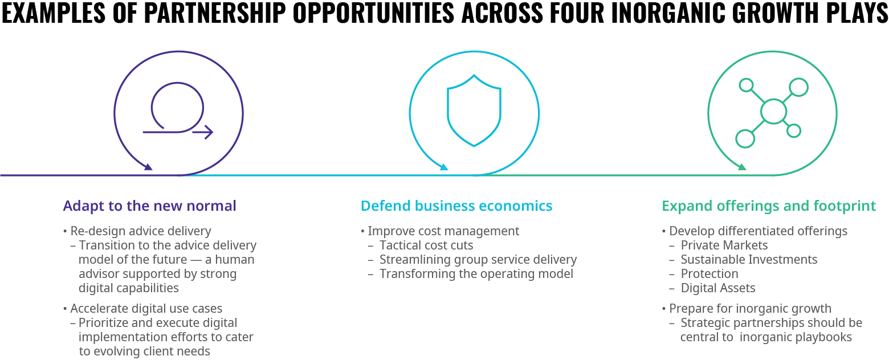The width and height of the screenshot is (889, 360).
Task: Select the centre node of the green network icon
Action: [x=773, y=112]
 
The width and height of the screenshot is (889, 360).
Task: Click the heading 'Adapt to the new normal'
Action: [x=150, y=206]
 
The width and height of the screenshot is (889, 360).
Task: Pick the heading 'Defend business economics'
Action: [x=456, y=206]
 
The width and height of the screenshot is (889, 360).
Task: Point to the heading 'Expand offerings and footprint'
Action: [x=769, y=206]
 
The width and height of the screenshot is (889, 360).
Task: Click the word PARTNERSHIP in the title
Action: [x=215, y=13]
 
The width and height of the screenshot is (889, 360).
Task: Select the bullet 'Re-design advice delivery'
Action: [x=141, y=231]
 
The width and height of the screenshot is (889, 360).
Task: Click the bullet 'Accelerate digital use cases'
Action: [x=146, y=308]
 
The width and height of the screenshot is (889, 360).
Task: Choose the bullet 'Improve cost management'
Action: [x=443, y=231]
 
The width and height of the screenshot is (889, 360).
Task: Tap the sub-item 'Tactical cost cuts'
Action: [x=426, y=246]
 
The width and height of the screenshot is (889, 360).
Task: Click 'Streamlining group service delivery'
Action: [x=478, y=260]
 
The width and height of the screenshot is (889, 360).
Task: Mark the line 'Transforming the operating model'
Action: [x=476, y=274]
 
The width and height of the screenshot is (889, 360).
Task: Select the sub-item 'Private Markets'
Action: [x=724, y=246]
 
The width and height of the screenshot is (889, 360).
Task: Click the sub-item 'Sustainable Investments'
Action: [x=749, y=260]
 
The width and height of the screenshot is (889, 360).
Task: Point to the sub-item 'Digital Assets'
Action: [x=718, y=288]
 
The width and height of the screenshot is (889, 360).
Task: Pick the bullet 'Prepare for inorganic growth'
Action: [x=750, y=308]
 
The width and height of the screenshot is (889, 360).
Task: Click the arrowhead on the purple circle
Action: [x=148, y=167]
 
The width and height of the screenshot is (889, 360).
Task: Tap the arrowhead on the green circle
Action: [x=742, y=167]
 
